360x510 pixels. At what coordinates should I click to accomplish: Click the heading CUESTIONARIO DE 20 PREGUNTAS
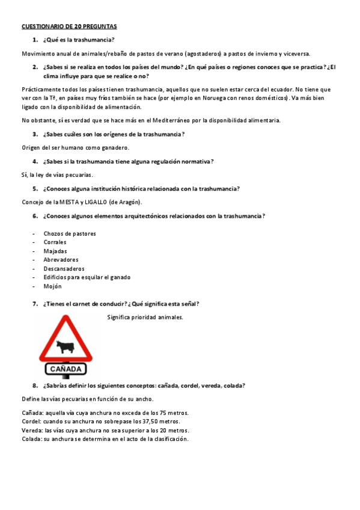pos(70,27)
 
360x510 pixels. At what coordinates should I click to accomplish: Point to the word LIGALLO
pos(97,202)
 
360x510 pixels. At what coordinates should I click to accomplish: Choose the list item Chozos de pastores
pos(70,233)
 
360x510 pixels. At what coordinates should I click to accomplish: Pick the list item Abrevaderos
pos(61,260)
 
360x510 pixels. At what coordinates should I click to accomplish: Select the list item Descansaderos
pos(64,269)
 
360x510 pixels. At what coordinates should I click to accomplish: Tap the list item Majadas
pos(55,251)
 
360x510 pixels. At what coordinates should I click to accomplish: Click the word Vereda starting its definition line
pos(31,431)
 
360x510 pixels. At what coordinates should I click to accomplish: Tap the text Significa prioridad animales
pos(145,317)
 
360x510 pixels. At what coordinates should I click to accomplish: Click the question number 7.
pos(35,304)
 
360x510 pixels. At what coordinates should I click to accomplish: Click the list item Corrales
pos(55,242)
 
